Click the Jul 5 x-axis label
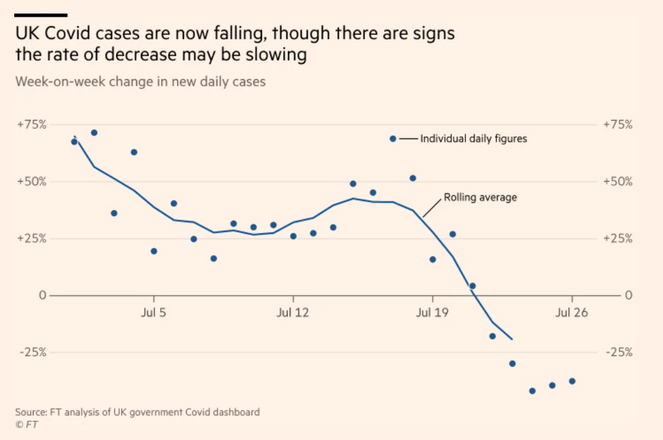[x=153, y=314]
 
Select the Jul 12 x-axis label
[x=293, y=314]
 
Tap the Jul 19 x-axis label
[x=433, y=314]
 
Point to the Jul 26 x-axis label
[x=572, y=314]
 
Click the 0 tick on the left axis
[x=42, y=295]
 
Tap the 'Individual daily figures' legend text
[x=473, y=139]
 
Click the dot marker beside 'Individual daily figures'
[x=393, y=139]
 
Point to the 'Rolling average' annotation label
[x=480, y=198]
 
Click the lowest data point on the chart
[x=532, y=391]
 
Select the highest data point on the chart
[x=94, y=133]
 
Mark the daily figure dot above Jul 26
[x=572, y=381]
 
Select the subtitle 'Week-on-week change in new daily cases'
[x=140, y=82]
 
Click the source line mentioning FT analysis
[x=138, y=412]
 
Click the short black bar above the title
[x=41, y=14]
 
